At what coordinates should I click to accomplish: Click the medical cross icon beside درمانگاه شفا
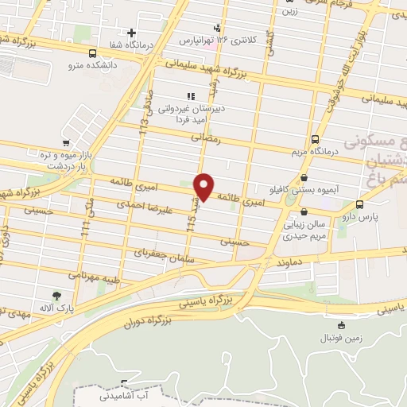coord(131,33)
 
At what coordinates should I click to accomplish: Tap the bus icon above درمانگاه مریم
coord(316,138)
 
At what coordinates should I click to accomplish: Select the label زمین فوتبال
coord(342,337)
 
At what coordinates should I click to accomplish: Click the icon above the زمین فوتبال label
coord(342,325)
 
